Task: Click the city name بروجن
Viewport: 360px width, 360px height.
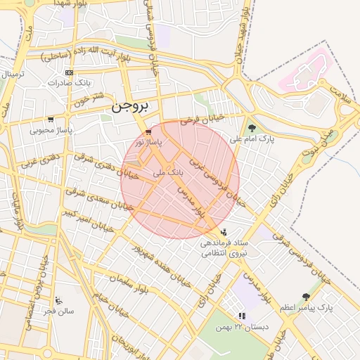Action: [131, 107]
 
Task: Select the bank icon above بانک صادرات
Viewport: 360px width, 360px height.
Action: [68, 72]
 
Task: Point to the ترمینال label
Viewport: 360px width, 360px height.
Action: [13, 74]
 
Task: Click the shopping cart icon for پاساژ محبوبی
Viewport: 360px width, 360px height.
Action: [51, 120]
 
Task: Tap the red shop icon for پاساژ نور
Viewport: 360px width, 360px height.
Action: [148, 132]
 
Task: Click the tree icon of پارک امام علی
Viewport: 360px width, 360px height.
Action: [252, 128]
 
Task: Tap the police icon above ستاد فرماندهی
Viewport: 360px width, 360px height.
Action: [224, 232]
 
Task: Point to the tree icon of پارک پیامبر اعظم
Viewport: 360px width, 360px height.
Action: [305, 297]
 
